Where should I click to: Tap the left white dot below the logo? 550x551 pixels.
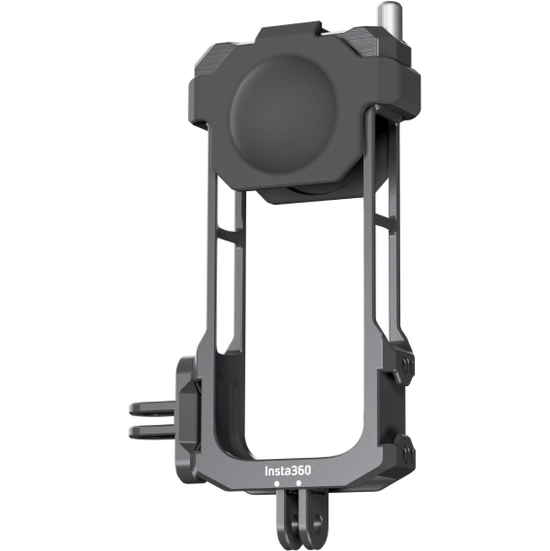tap(276, 484)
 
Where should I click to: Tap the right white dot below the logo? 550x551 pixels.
tap(299, 483)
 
